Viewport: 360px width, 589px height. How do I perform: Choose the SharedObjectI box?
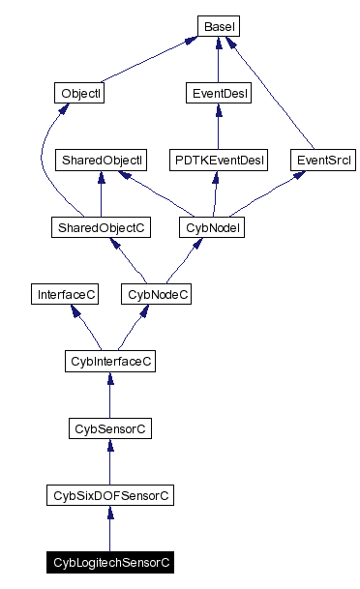(x=102, y=159)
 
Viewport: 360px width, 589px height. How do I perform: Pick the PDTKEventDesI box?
(x=218, y=159)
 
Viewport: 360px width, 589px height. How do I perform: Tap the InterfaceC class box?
(x=65, y=293)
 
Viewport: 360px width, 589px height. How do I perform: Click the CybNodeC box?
(x=155, y=293)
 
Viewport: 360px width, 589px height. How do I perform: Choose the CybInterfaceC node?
(x=109, y=360)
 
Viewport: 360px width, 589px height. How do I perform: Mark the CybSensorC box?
(x=109, y=427)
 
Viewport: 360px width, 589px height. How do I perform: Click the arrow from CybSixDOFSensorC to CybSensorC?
(x=109, y=461)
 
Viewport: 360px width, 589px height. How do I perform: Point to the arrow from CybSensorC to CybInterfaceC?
(x=109, y=394)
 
